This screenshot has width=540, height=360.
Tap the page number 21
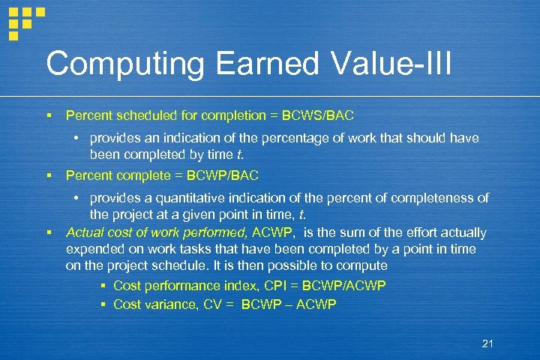coord(487,343)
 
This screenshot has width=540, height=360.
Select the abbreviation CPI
coord(253,286)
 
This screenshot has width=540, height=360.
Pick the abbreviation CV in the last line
coord(213,304)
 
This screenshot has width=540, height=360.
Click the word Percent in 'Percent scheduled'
coord(87,115)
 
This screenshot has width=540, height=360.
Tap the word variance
coord(168,304)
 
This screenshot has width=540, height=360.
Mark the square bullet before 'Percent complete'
coord(48,175)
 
